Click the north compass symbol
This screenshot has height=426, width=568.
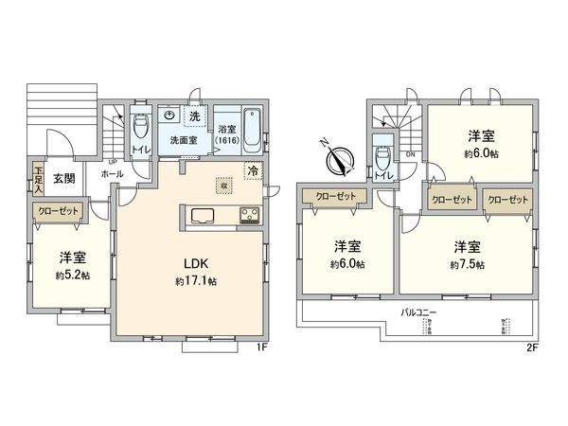coord(338,160)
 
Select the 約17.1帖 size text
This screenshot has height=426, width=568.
coord(196,281)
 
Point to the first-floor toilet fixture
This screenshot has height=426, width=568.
coord(140,124)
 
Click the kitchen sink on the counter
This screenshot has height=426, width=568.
coord(204,215)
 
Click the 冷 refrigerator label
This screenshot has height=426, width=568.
coord(253,171)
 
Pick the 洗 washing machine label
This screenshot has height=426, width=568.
coord(194,115)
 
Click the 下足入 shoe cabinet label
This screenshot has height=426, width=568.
coord(38,179)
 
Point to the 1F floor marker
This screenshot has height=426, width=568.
coord(264,346)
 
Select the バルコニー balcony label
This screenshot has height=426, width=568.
coord(419,311)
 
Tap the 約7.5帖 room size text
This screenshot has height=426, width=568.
coord(461,263)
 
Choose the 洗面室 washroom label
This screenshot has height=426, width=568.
coord(184,140)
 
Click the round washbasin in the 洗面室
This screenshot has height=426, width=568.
coord(169,114)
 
